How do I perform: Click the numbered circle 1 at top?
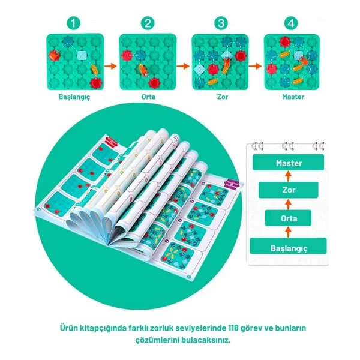pos(73,23)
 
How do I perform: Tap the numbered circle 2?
pos(148,23)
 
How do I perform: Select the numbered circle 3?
pos(221,23)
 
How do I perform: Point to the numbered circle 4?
pos(291,23)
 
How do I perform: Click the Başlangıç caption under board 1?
pos(74,97)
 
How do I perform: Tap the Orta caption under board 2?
pos(148,97)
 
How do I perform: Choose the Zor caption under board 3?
pos(223,97)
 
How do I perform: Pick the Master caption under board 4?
pos(293,97)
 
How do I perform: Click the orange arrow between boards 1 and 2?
pos(110,67)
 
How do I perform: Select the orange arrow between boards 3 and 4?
pos(255,67)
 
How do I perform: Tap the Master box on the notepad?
pos(289,163)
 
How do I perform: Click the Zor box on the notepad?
pos(289,190)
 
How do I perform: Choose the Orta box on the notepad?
pos(289,218)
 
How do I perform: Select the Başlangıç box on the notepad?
pos(288,246)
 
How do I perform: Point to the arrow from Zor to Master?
pos(289,176)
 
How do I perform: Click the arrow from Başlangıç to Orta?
pos(289,232)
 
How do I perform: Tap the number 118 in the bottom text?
pos(233,328)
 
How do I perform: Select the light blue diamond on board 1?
pos(82,55)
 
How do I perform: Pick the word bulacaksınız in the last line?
pos(206,340)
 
